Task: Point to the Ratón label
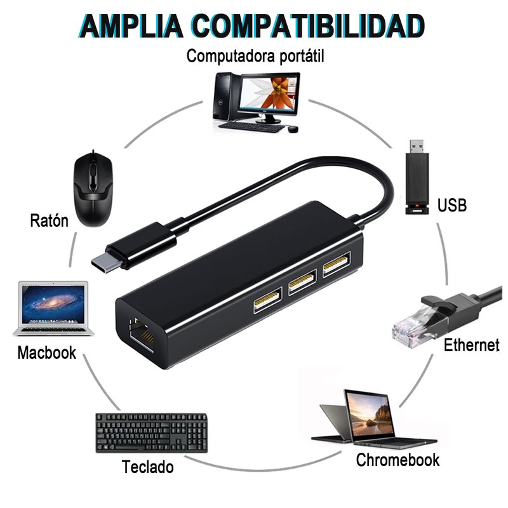48,221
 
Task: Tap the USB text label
452,205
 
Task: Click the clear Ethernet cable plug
410,328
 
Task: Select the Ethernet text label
471,345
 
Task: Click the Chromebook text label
398,460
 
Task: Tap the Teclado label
147,468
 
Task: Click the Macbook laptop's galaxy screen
53,304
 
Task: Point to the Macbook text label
46,352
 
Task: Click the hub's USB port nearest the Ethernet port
266,302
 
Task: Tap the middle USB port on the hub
302,283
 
